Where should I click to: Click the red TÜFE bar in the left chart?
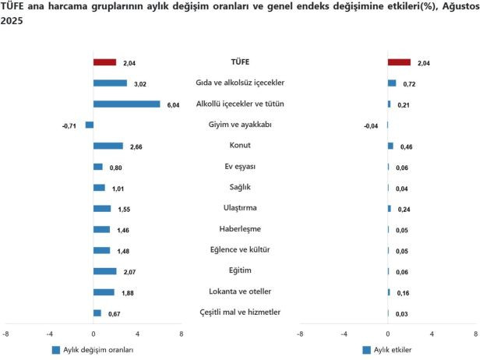point(104,62)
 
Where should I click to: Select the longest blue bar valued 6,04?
point(126,104)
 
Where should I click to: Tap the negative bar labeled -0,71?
point(90,125)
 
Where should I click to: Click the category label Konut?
point(240,145)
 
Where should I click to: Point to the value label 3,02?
point(140,83)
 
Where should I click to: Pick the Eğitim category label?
point(240,270)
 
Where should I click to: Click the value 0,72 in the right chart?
point(407,83)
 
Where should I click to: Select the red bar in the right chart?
point(399,62)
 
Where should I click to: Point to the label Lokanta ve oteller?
point(240,291)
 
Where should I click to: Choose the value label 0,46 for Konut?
point(406,146)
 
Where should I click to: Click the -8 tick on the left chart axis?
point(6,334)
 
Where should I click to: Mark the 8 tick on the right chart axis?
point(475,334)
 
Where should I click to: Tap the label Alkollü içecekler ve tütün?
point(240,104)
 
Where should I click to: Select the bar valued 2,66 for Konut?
point(108,146)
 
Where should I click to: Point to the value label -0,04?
point(372,125)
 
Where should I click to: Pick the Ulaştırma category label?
point(240,208)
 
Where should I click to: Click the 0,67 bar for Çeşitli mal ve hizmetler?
point(97,313)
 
